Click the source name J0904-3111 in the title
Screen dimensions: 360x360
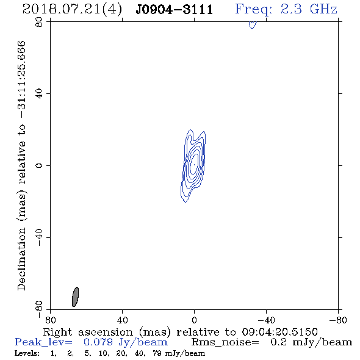(x=175, y=10)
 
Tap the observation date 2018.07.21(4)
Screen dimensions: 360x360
(x=72, y=10)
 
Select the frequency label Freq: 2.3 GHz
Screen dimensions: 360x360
(x=286, y=9)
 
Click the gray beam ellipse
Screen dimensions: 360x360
(x=75, y=297)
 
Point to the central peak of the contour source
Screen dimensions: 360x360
(x=194, y=165)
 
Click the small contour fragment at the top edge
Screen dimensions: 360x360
(x=253, y=25)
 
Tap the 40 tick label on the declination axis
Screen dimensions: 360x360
(x=39, y=94)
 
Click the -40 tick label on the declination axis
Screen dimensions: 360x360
(x=39, y=237)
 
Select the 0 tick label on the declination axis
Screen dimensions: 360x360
(x=39, y=165)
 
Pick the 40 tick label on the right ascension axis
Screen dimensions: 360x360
(x=122, y=320)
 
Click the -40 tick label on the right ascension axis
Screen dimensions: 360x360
(x=266, y=320)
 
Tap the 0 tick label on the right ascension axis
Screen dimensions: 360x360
(x=194, y=320)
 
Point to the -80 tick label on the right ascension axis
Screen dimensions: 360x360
(x=338, y=320)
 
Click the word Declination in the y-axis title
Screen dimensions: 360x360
(x=21, y=259)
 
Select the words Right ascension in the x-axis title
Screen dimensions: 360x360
(x=88, y=332)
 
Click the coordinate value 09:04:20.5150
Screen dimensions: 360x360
(x=279, y=332)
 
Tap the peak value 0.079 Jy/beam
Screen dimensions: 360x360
(x=126, y=342)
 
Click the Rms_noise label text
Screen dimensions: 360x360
(x=225, y=342)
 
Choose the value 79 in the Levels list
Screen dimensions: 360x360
(x=157, y=353)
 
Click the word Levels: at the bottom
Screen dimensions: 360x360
(x=27, y=353)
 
